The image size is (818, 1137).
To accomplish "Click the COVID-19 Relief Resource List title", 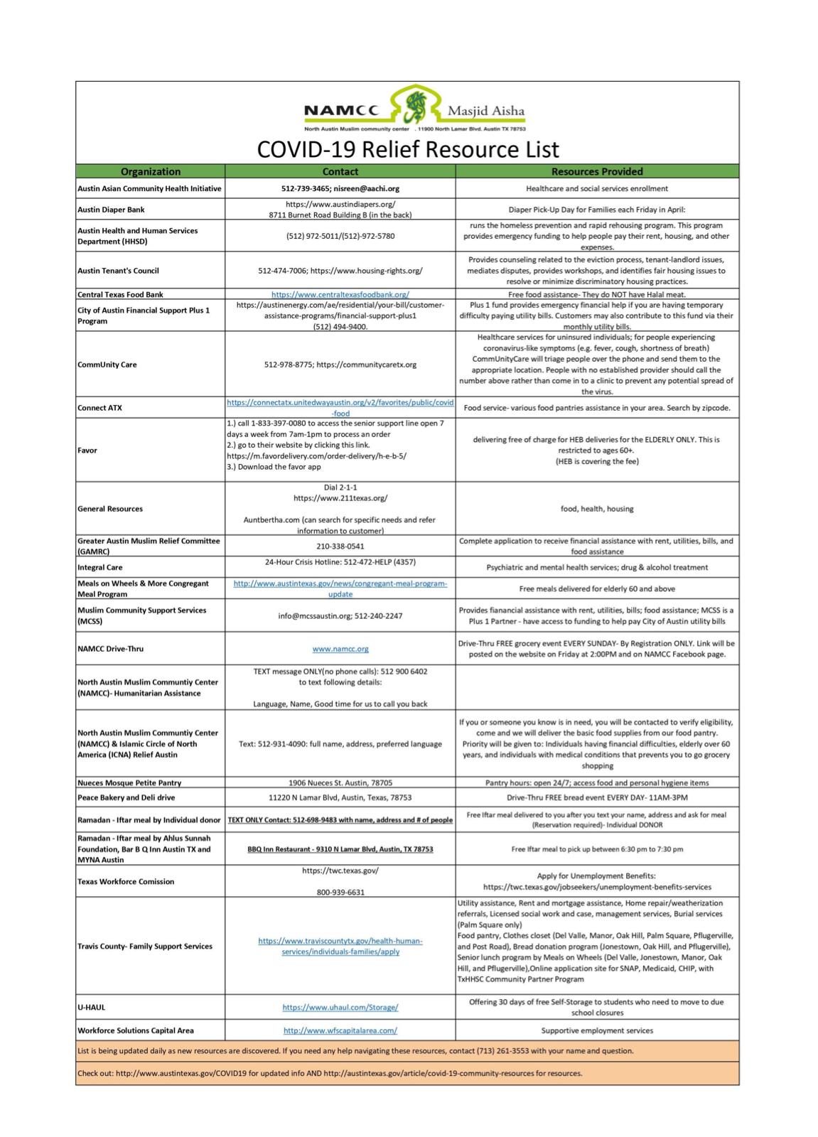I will pos(407,149).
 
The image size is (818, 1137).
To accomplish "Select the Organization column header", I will pos(150,171).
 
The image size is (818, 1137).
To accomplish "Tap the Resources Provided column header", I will pos(597,171).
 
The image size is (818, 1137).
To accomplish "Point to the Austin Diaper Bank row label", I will pos(111,210).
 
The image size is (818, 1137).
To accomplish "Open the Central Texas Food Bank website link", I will pos(340,294).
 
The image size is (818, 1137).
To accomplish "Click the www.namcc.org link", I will pos(340,649).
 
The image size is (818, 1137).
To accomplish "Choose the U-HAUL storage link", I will pos(340,1007).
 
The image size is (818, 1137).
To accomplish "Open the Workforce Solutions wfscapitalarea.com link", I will pos(340,1030).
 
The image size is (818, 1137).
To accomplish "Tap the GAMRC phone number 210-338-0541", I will pos(340,546).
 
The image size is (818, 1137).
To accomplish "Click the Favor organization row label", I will pos(87,451).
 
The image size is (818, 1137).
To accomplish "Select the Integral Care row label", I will pos(100,568).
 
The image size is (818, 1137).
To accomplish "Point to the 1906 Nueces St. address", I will pos(340,783).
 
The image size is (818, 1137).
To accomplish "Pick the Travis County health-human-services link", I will pos(340,946).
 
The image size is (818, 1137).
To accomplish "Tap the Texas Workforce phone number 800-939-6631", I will pos(340,893).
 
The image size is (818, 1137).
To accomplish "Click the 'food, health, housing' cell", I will pos(597,509).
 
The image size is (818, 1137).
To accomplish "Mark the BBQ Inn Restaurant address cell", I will pos(340,849).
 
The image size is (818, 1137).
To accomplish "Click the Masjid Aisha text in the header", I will pos(486,111).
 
